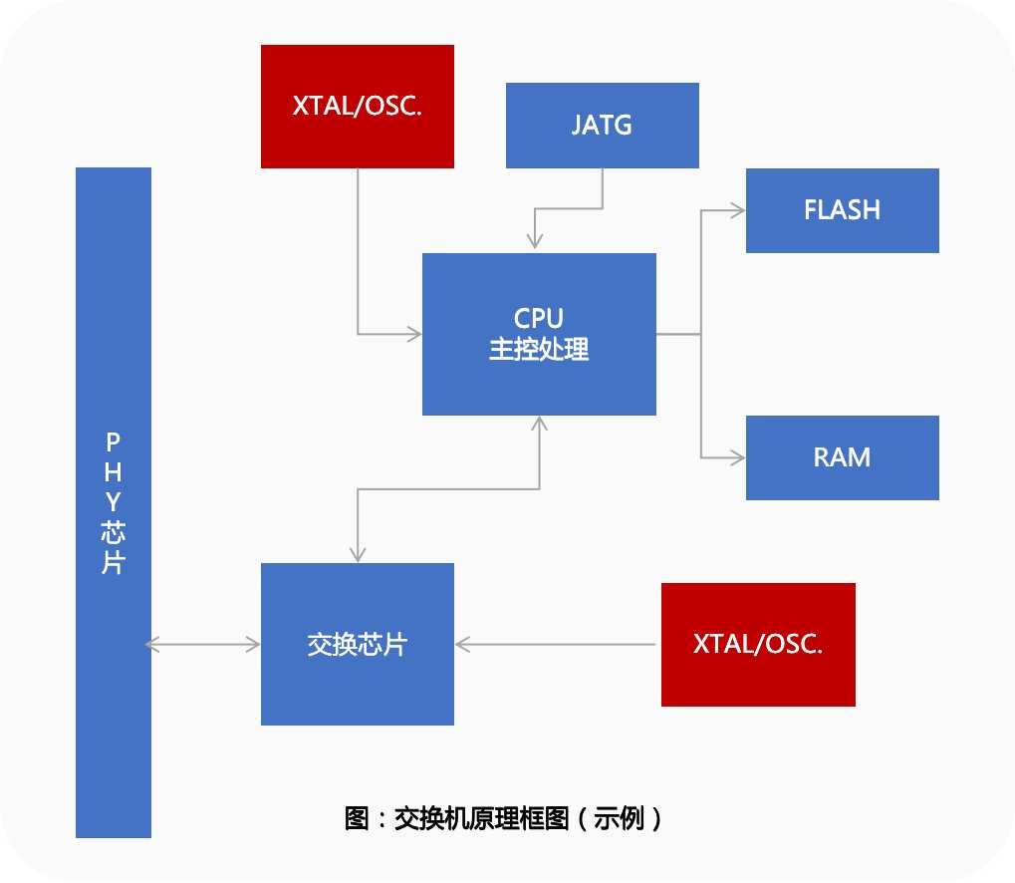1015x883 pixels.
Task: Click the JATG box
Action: coord(603,126)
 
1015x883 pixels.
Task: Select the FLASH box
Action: coord(842,210)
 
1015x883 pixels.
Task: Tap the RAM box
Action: coord(842,457)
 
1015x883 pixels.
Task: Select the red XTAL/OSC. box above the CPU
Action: coord(358,107)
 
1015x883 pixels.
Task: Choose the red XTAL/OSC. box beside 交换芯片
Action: coord(758,645)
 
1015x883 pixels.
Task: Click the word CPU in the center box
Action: coord(539,319)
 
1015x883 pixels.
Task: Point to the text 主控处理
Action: coord(539,350)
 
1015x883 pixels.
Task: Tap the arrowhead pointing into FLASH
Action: coord(738,210)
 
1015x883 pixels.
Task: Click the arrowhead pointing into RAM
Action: coord(738,457)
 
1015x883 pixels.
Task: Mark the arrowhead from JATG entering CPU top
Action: coord(536,242)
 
